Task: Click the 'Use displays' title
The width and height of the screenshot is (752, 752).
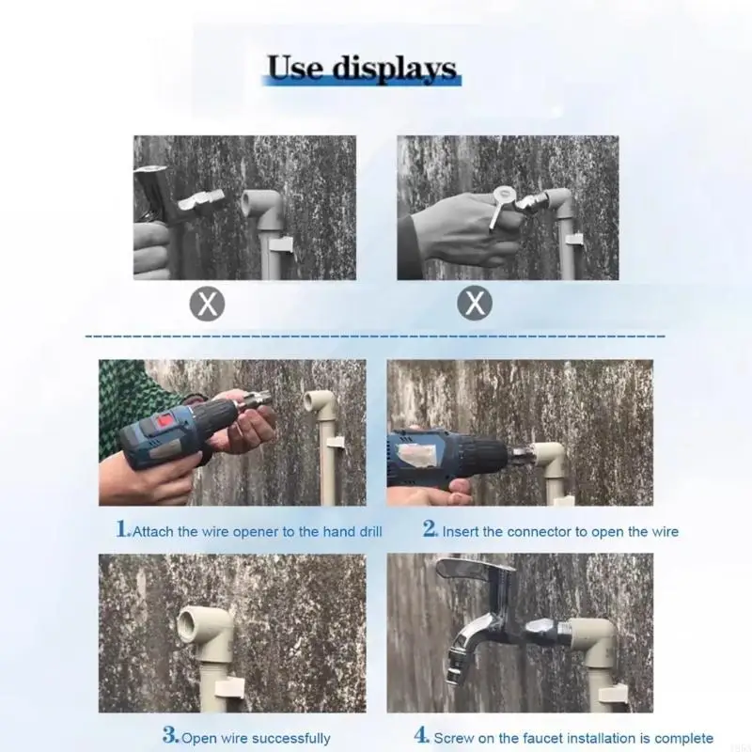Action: click(x=362, y=69)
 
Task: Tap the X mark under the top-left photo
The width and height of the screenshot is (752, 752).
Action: click(x=210, y=304)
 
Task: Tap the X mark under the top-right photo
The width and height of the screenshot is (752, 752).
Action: click(x=475, y=304)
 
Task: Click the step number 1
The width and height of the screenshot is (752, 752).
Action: click(x=122, y=529)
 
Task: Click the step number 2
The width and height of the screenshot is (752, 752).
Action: click(x=430, y=529)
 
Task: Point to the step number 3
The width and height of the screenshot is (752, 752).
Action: click(x=170, y=736)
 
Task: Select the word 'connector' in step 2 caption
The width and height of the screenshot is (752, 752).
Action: click(x=540, y=532)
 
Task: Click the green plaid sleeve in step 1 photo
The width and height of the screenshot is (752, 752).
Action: click(x=122, y=395)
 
